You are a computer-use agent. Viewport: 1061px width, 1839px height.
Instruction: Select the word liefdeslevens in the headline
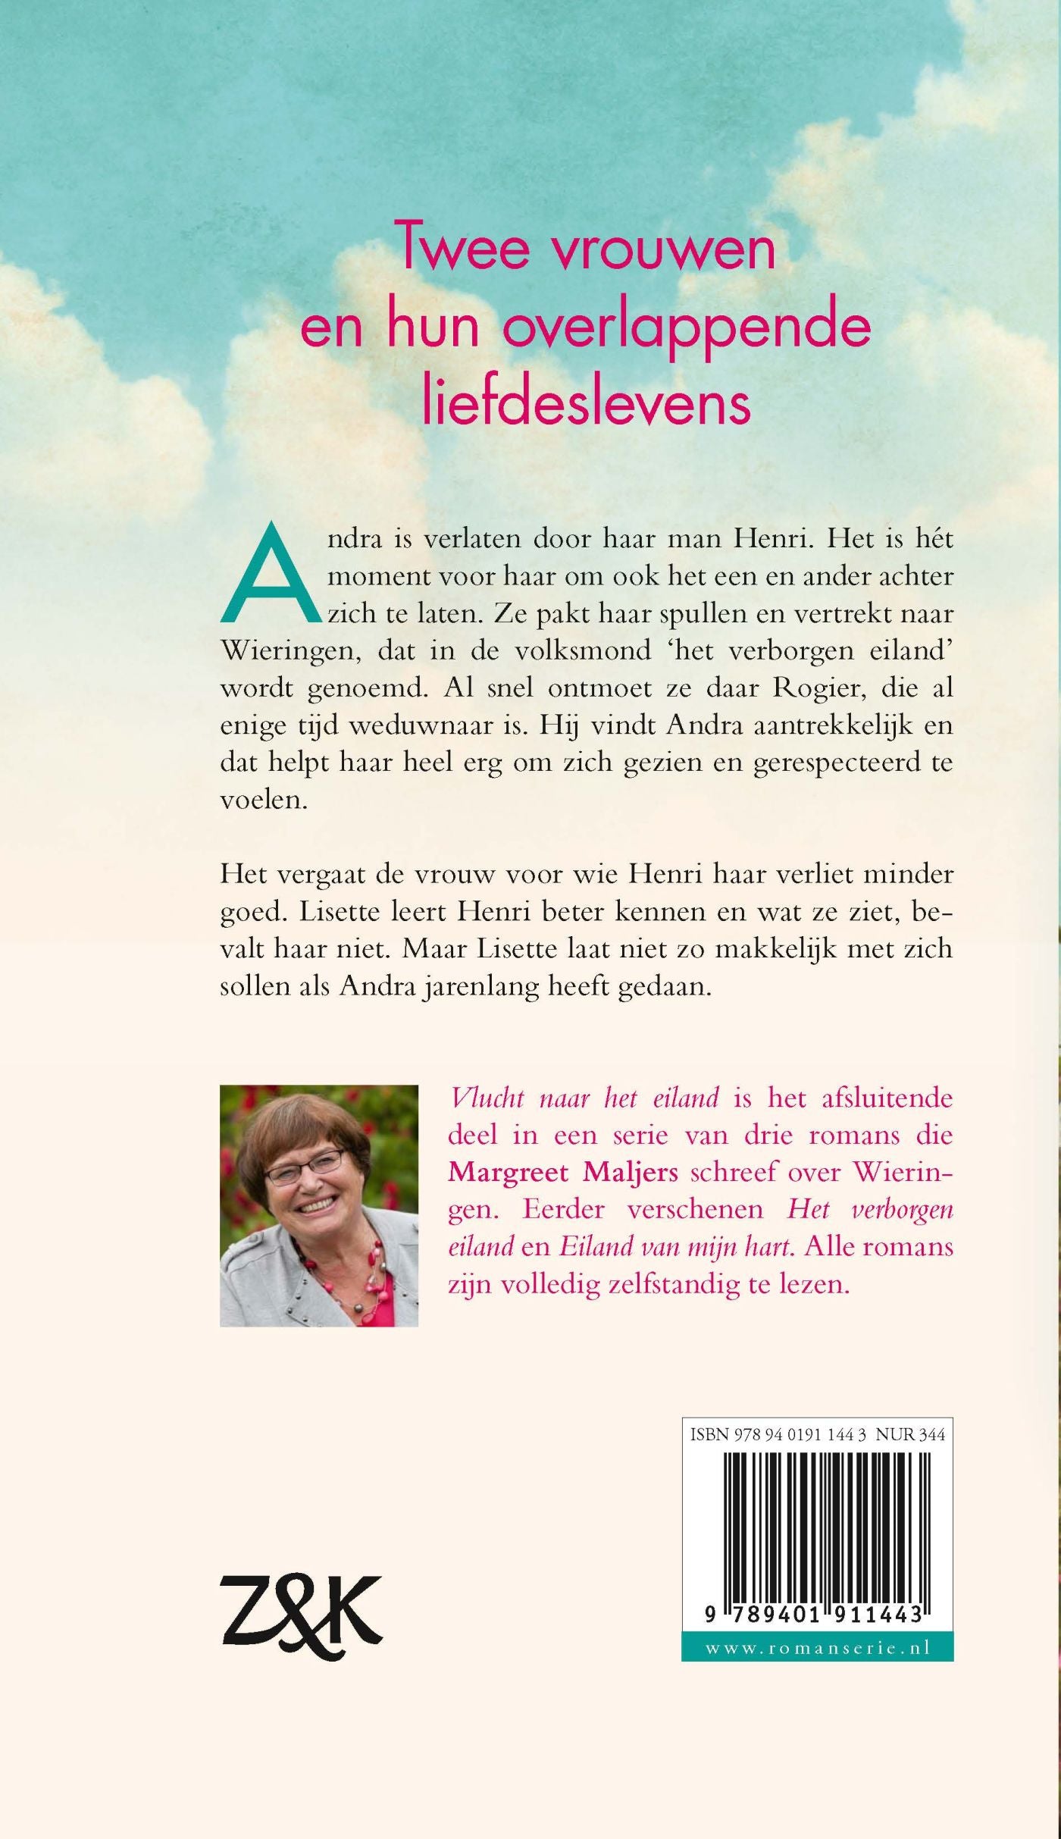pos(586,403)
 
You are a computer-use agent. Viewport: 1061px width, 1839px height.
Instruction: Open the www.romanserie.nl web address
pos(817,1648)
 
